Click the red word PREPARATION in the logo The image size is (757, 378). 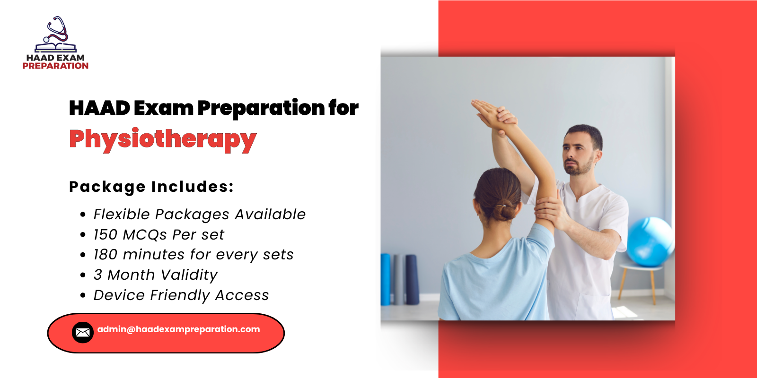point(55,66)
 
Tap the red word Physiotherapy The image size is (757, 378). point(163,140)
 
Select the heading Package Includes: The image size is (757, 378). point(151,187)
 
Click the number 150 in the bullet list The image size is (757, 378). point(106,235)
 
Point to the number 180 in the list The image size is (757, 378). point(106,255)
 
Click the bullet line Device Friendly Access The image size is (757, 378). point(181,295)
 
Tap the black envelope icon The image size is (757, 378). point(83,333)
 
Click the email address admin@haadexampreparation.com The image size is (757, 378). point(179,329)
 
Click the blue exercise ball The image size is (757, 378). point(651,241)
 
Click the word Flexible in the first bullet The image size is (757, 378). point(122,215)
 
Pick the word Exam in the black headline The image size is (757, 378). point(164,108)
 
